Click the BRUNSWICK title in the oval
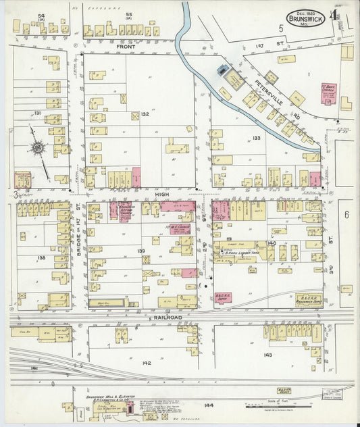[303, 20]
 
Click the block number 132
[144, 115]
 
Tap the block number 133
[256, 138]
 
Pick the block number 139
[140, 251]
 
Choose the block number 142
[147, 363]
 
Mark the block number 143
[267, 355]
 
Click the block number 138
[41, 258]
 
